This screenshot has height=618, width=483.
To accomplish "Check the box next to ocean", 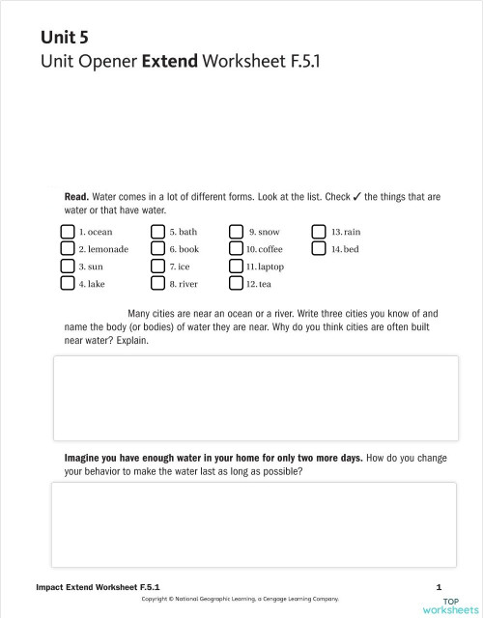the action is coord(67,232).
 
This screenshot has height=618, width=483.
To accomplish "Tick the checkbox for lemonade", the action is coord(67,249).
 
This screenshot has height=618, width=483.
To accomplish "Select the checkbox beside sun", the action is coord(67,267).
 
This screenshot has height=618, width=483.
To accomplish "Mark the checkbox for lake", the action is coord(67,284).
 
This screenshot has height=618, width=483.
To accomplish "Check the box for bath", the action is coord(157,232).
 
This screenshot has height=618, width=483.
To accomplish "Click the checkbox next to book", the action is coord(157,249).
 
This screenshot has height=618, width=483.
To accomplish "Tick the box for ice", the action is coord(157,267).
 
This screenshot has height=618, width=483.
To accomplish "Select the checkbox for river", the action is coord(157,284).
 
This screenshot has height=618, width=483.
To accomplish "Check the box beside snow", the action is coord(236,232).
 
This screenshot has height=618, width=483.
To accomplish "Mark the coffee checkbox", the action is coord(236,249).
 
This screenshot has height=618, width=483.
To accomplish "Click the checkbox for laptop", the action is coord(236,267).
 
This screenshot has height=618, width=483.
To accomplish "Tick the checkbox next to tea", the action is coord(236,284).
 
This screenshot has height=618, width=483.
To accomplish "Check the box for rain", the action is coord(320,232).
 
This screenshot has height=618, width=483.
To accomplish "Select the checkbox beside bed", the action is coord(320,249).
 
